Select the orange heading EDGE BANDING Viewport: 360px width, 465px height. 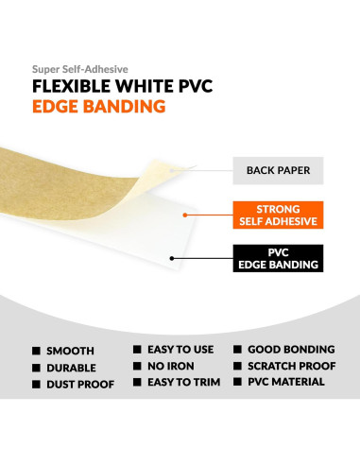(99, 107)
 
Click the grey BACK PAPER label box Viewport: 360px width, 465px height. (278, 173)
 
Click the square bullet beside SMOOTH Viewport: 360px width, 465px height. (37, 350)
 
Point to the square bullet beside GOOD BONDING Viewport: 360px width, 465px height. (239, 348)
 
